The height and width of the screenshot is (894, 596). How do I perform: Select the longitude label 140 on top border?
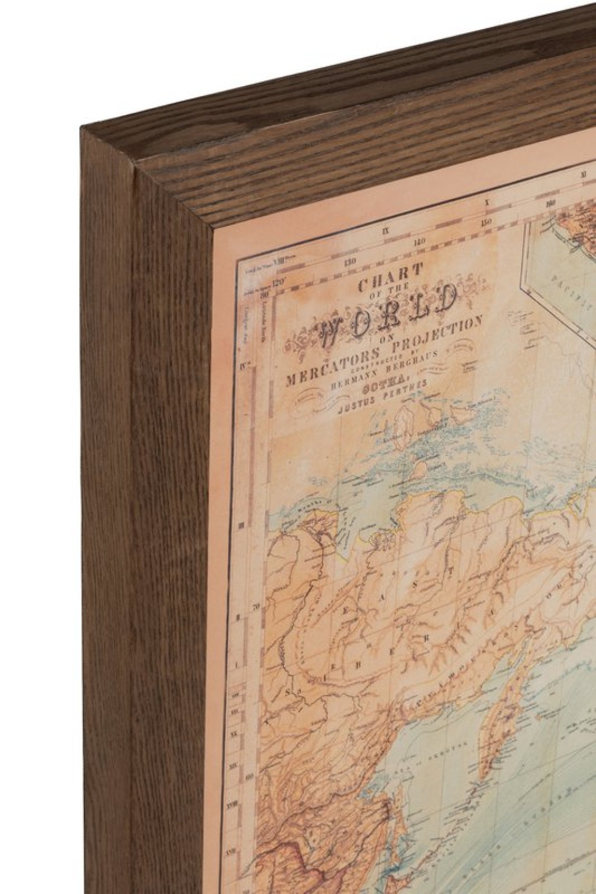(420, 241)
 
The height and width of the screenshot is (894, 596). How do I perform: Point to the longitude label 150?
(487, 222)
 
